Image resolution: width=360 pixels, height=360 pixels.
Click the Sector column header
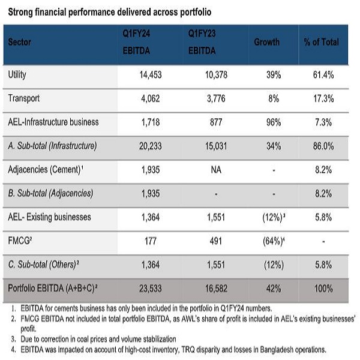click(x=20, y=43)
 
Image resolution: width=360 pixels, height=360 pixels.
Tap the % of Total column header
click(x=321, y=43)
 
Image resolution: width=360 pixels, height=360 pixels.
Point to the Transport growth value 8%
click(x=274, y=98)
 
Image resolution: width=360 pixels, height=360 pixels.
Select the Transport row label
click(x=25, y=98)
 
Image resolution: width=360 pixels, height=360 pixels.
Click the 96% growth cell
click(x=274, y=122)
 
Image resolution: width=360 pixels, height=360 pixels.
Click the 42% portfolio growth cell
click(x=274, y=289)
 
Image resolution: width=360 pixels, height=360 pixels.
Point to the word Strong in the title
click(x=20, y=11)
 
